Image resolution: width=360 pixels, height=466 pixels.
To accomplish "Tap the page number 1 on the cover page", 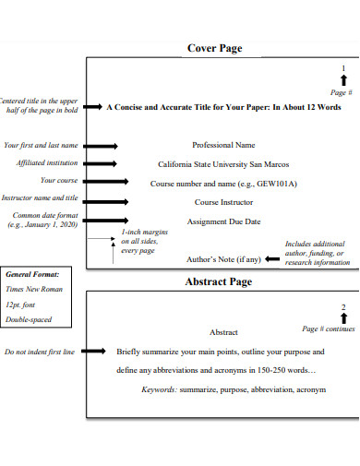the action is (343, 69).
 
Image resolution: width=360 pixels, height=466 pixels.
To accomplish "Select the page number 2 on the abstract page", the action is (343, 306).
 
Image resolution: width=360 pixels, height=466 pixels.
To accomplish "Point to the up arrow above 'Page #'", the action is (343, 81).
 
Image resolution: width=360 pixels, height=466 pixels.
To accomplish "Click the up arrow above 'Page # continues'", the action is (343, 318).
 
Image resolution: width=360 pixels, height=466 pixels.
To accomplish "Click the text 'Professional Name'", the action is (223, 145).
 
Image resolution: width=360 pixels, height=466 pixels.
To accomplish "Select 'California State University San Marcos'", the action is (223, 164).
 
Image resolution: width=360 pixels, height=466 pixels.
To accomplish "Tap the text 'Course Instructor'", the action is (223, 202).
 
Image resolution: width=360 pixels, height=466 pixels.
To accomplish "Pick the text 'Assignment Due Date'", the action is (223, 221).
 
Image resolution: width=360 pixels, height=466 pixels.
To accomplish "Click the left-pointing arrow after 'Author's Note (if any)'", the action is (272, 259).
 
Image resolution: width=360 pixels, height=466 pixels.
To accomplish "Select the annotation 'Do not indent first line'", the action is (40, 352).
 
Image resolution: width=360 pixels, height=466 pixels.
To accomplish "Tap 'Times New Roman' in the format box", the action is (32, 289).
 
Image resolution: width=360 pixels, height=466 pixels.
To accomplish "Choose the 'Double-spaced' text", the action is (29, 319).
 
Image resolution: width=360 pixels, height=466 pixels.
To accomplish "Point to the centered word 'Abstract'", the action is (223, 331).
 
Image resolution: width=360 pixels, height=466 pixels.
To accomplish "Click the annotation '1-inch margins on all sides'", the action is (145, 242).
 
